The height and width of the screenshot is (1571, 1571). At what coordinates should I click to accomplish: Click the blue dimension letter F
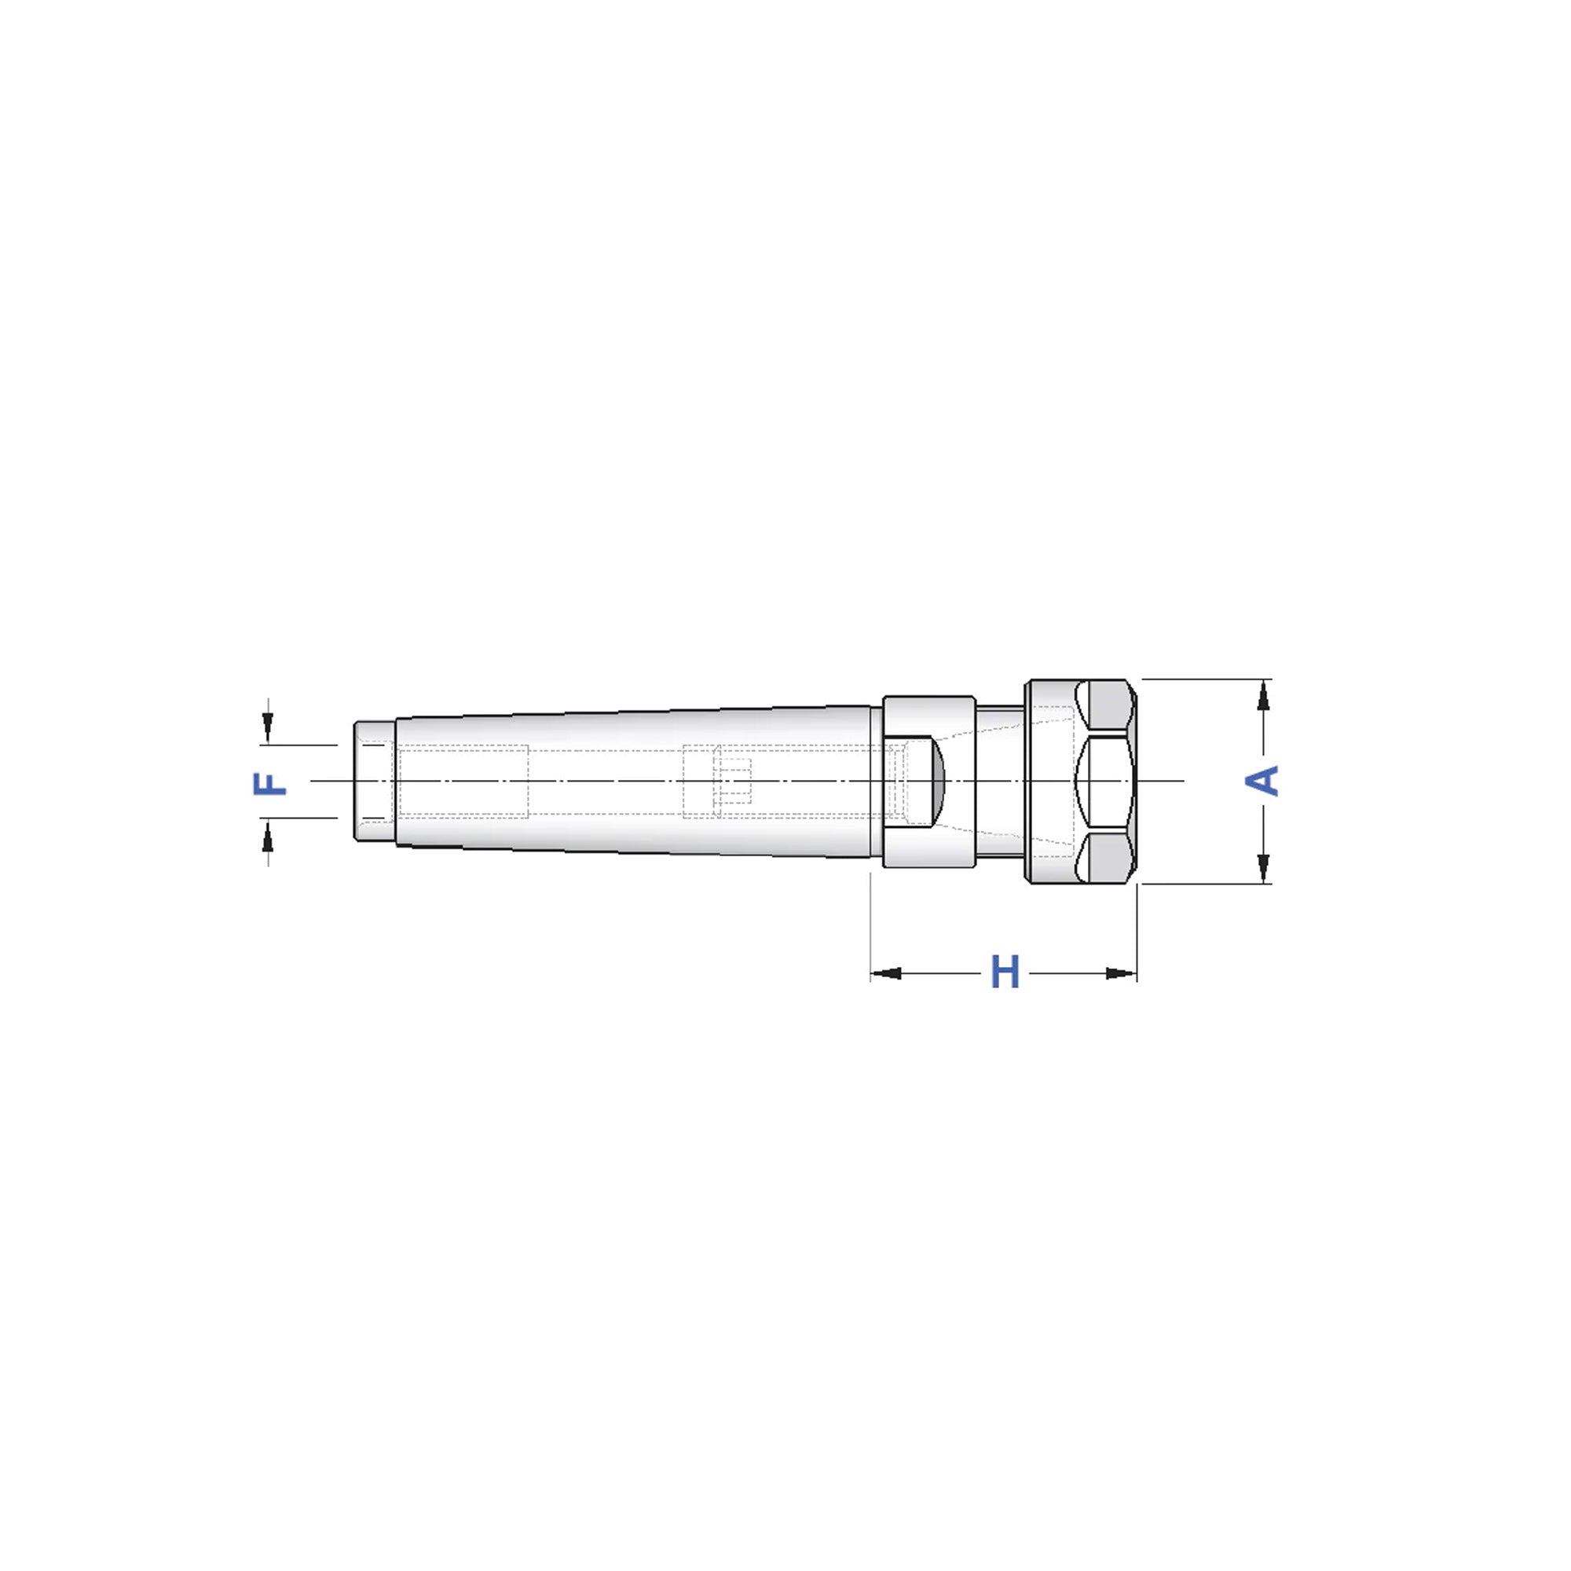271,783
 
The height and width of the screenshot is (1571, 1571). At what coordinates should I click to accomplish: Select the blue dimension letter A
1262,781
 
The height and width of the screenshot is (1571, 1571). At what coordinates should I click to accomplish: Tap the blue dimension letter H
1005,972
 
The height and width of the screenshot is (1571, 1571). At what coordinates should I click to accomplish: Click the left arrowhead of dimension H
886,973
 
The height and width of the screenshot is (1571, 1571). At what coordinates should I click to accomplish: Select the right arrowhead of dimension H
1122,973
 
